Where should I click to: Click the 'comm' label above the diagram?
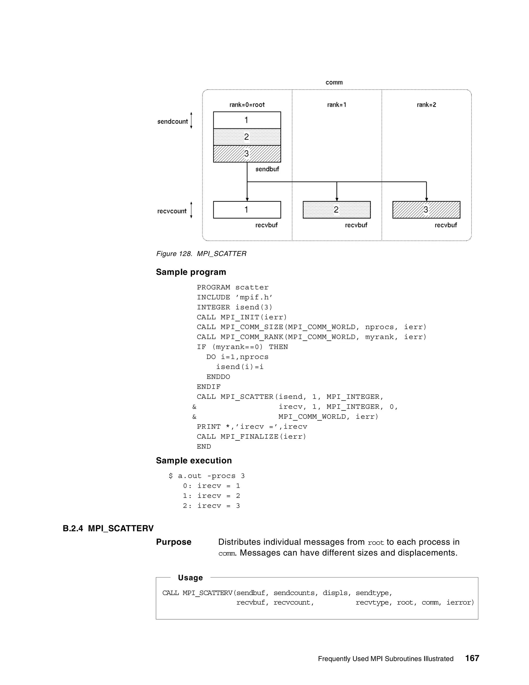(334, 82)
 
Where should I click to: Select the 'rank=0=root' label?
(247, 105)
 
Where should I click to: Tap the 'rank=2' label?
(426, 105)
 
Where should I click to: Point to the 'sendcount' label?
(172, 122)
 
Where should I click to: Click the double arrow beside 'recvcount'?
(191, 210)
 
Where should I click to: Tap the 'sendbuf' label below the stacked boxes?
(267, 169)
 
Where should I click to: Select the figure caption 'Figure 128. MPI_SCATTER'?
(201, 253)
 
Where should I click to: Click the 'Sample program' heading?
(191, 272)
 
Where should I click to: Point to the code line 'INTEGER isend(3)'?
(235, 307)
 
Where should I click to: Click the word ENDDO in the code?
(218, 377)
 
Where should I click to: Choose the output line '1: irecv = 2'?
(212, 496)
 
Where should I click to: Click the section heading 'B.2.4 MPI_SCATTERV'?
(108, 529)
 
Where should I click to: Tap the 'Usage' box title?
(190, 578)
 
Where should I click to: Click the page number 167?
(472, 658)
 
